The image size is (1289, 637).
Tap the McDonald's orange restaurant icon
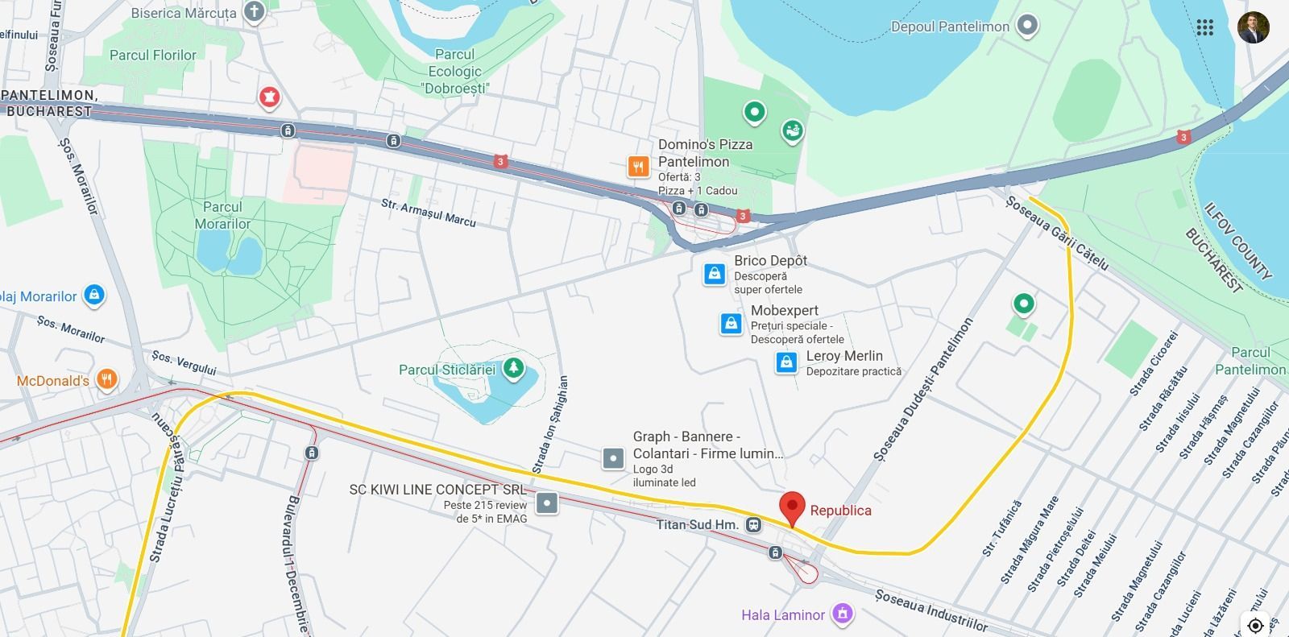pyautogui.click(x=106, y=379)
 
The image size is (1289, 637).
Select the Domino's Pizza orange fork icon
pyautogui.click(x=638, y=167)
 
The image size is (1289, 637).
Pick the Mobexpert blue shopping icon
pyautogui.click(x=731, y=324)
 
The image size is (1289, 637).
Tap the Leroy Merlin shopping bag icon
pyautogui.click(x=786, y=363)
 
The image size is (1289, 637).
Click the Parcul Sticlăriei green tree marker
pyautogui.click(x=512, y=369)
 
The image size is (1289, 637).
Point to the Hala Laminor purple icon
pyautogui.click(x=843, y=614)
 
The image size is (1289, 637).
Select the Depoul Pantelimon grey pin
pyautogui.click(x=1026, y=26)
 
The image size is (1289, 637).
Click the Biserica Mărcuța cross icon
pyautogui.click(x=255, y=12)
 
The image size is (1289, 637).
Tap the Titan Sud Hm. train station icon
pyautogui.click(x=753, y=525)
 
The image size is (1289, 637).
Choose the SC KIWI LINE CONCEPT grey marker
pyautogui.click(x=547, y=503)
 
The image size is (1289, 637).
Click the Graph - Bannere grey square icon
pyautogui.click(x=613, y=459)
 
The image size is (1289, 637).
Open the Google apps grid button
pyautogui.click(x=1204, y=27)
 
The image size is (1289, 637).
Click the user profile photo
pyautogui.click(x=1253, y=27)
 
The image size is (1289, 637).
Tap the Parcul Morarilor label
pyautogui.click(x=222, y=215)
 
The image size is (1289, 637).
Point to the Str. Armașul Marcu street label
pyautogui.click(x=429, y=212)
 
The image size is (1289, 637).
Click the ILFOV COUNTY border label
pyautogui.click(x=1237, y=242)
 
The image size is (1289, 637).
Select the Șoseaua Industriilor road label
pyautogui.click(x=930, y=610)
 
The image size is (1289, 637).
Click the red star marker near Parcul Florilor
pyautogui.click(x=269, y=97)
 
